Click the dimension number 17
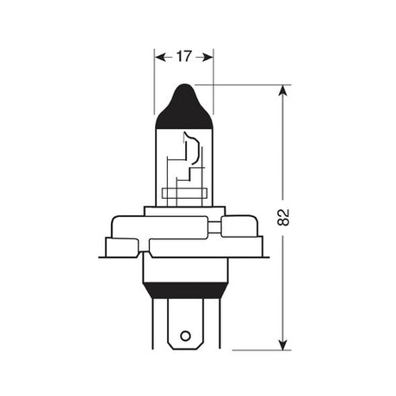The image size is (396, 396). (183, 57)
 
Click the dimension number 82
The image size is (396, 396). (283, 218)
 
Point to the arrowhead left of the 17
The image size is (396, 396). (158, 57)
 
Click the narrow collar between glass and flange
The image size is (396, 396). (183, 212)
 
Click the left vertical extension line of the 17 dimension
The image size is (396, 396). (154, 86)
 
